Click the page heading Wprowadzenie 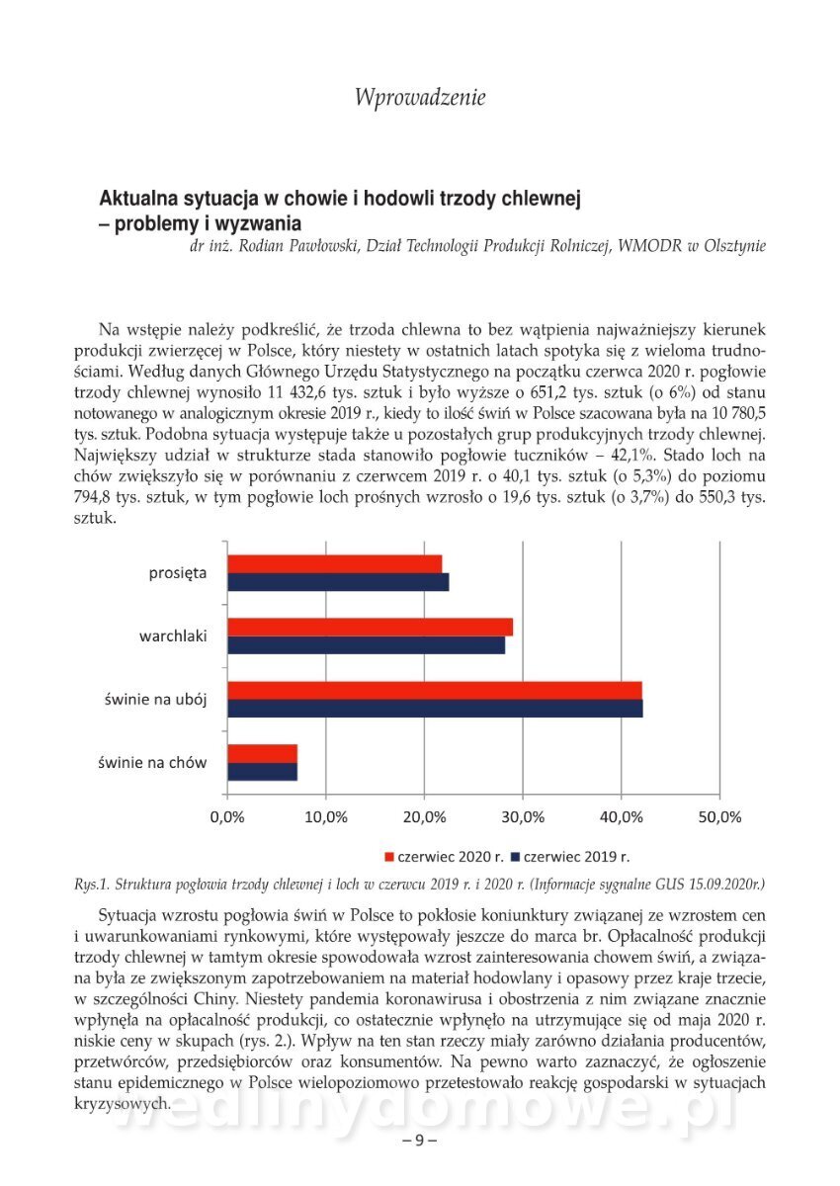(x=420, y=97)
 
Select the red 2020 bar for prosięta (x=334, y=563)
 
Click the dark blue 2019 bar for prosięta (x=338, y=582)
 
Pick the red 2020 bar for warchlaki (x=370, y=627)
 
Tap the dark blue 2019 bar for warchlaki (x=366, y=645)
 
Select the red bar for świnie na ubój (x=435, y=690)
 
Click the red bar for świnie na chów (x=262, y=753)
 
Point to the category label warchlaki (x=173, y=635)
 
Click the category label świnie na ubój (x=156, y=699)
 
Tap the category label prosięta (x=178, y=572)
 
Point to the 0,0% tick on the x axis (x=228, y=817)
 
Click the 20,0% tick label (x=425, y=817)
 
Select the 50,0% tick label (x=719, y=817)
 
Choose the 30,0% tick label (x=524, y=817)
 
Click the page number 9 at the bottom (x=419, y=1140)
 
